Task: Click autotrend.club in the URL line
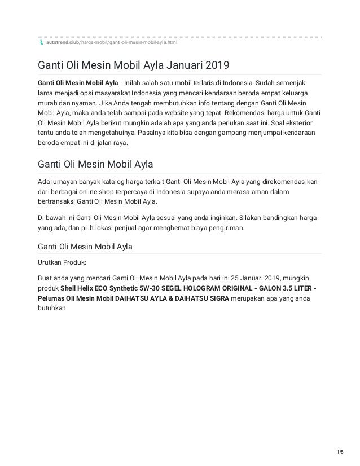(63, 42)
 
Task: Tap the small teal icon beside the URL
(40, 42)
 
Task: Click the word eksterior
(300, 122)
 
